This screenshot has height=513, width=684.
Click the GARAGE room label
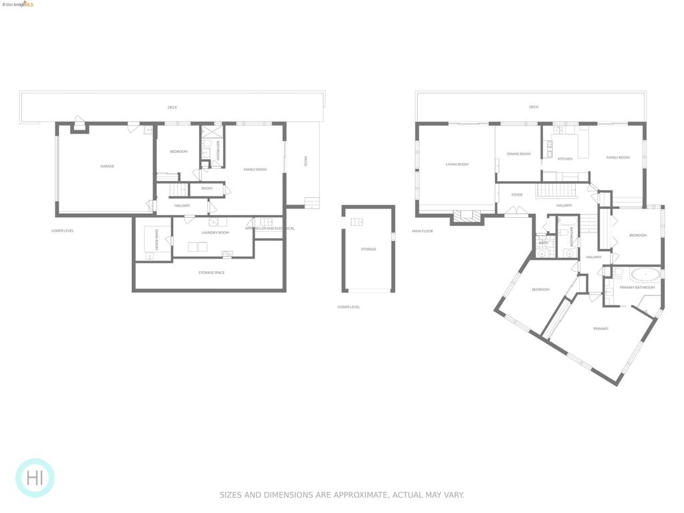(107, 166)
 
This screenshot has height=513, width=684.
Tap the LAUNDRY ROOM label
(214, 232)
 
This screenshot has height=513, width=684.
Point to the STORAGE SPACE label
(211, 273)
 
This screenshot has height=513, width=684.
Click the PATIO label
(305, 161)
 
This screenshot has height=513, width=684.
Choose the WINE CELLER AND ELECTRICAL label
(269, 228)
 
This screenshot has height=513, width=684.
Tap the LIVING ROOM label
(457, 164)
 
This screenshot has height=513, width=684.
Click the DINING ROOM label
(518, 154)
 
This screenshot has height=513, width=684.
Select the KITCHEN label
(565, 159)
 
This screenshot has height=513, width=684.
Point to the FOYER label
(517, 195)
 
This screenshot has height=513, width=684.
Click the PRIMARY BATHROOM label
(637, 287)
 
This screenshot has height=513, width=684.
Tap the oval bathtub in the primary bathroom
(645, 274)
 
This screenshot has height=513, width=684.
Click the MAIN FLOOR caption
(422, 231)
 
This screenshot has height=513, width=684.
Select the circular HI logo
(35, 478)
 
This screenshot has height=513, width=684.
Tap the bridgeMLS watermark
(19, 4)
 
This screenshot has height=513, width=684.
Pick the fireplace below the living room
(466, 216)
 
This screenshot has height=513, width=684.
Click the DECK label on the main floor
(533, 107)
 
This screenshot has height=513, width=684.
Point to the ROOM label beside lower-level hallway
(207, 188)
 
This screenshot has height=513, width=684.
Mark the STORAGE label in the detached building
(368, 249)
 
